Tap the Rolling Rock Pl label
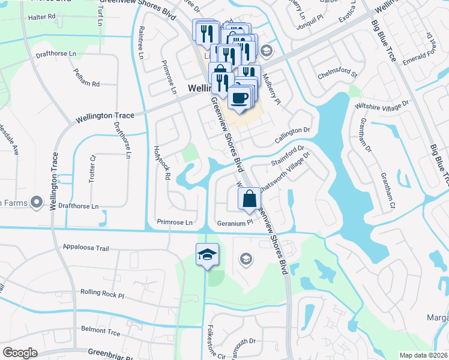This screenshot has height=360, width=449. pos(101,295)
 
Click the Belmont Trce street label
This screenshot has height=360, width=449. pos(100,331)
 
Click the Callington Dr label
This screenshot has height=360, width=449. pos(292,130)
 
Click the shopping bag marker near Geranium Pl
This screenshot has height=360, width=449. pos(249,198)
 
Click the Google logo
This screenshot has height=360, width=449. pos(20,353)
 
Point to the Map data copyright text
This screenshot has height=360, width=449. pos(423,355)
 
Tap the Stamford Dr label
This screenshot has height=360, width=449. pos(289,155)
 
